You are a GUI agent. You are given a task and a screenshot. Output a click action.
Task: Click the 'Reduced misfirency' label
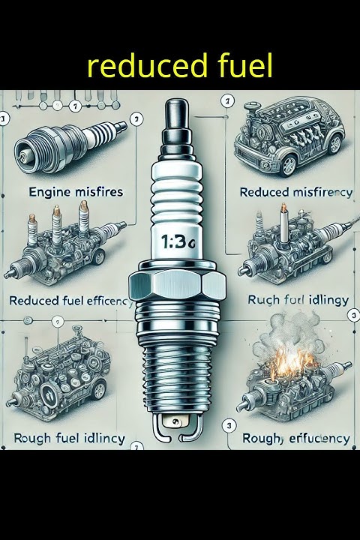295,193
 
